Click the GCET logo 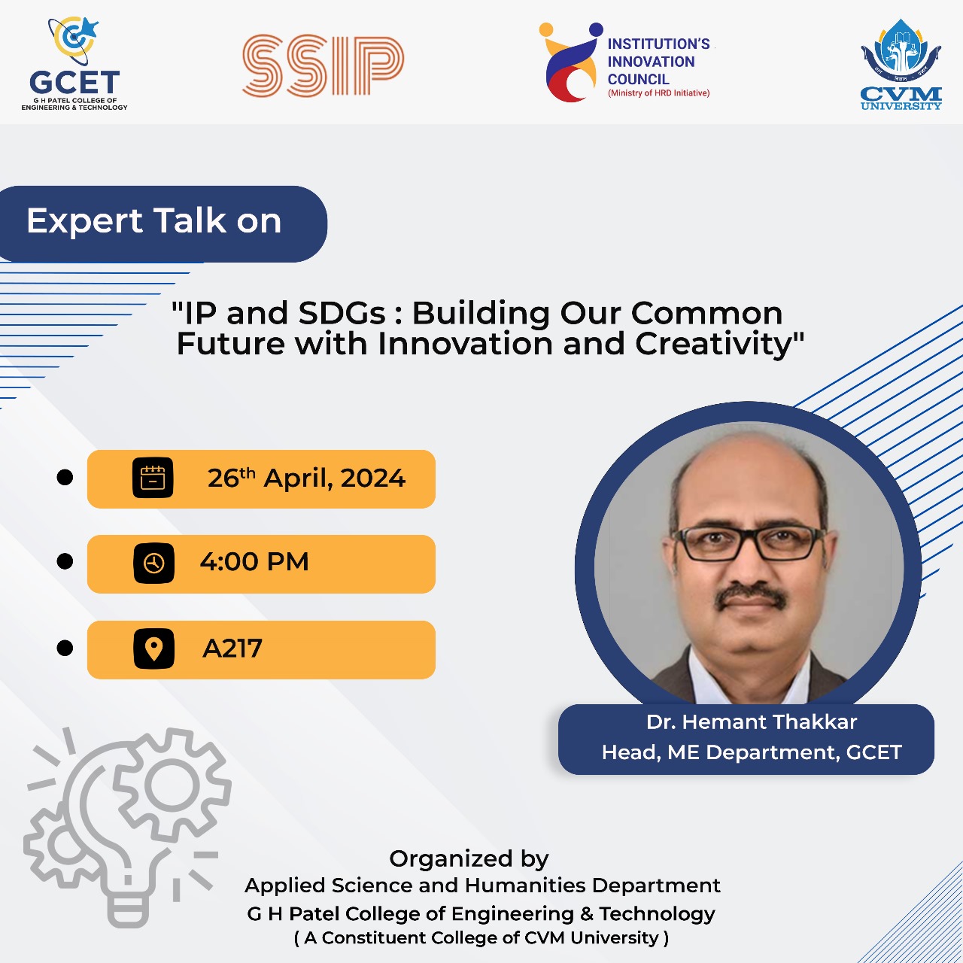(x=74, y=63)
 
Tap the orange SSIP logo (x=323, y=65)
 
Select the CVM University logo (x=901, y=64)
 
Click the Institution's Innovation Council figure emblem (x=571, y=62)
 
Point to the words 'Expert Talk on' (x=154, y=221)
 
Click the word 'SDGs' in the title (x=342, y=313)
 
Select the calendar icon (x=153, y=478)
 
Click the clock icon (x=154, y=564)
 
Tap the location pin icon (x=154, y=649)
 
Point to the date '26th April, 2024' (x=306, y=478)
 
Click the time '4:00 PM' (x=254, y=562)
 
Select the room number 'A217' (x=232, y=649)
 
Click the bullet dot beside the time (x=65, y=561)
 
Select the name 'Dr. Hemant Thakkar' (x=752, y=722)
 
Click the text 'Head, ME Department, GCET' (x=752, y=752)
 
